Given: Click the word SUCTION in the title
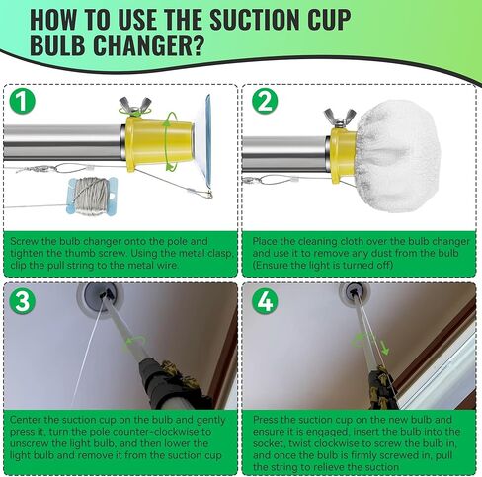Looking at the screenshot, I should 296,18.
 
